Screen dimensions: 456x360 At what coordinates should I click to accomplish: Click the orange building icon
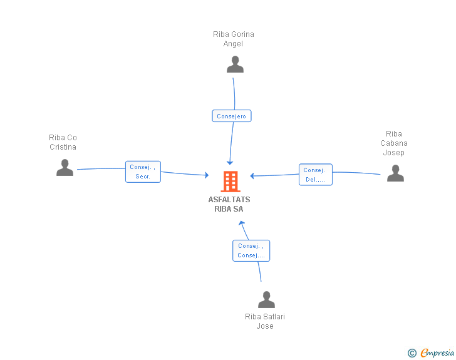[x=231, y=182]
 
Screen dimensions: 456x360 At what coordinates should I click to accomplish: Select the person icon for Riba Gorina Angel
[x=235, y=64]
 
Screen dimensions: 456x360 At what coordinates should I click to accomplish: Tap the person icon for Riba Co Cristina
[x=65, y=168]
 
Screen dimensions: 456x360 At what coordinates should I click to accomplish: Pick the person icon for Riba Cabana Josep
[x=395, y=173]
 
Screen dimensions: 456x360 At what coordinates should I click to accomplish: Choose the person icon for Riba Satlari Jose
[x=266, y=299]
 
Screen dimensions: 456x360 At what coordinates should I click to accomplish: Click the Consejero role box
[x=232, y=116]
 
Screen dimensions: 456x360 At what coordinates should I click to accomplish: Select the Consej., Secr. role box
[x=143, y=172]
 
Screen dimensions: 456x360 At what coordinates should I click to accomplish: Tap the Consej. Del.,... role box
[x=316, y=175]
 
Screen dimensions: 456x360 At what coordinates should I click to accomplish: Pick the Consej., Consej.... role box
[x=251, y=250]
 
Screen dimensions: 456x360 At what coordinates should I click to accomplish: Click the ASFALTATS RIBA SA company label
[x=229, y=204]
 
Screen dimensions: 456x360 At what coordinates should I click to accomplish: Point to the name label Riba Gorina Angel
[x=234, y=39]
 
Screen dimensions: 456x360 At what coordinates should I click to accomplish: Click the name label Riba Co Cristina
[x=63, y=142]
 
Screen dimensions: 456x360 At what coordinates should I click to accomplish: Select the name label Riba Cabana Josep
[x=394, y=143]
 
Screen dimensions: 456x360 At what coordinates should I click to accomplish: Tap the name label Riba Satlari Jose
[x=265, y=321]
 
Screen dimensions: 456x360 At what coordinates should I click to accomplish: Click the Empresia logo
[x=437, y=352]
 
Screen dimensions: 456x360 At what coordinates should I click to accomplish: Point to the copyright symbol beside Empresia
[x=412, y=353]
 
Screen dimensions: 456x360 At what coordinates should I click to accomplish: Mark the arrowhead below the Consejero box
[x=230, y=163]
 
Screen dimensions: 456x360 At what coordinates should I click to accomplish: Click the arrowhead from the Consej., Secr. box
[x=207, y=175]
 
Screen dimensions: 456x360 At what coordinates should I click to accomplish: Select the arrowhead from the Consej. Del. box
[x=252, y=176]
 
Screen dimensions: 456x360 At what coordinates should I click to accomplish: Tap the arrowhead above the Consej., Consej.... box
[x=242, y=224]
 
